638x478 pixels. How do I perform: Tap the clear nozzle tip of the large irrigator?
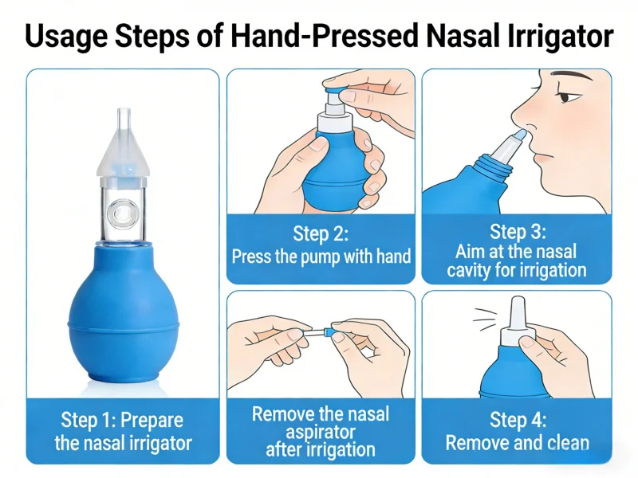click(124, 118)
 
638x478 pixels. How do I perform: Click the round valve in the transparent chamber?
click(121, 214)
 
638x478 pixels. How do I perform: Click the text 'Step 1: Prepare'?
click(122, 420)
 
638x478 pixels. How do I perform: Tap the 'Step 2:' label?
click(321, 233)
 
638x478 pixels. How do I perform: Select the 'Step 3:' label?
click(517, 231)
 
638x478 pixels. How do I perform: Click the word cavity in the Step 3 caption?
click(468, 270)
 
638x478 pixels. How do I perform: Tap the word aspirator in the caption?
click(321, 432)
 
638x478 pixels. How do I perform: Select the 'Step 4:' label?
click(517, 420)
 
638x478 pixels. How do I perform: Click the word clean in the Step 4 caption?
click(569, 443)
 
